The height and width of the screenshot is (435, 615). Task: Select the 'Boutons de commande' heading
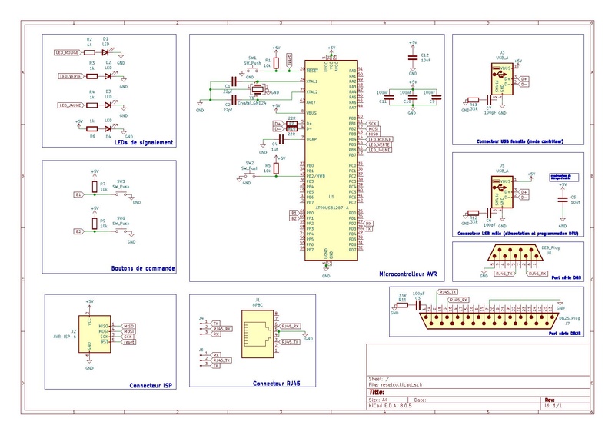point(143,269)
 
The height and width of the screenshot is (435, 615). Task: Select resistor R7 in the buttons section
point(94,185)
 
